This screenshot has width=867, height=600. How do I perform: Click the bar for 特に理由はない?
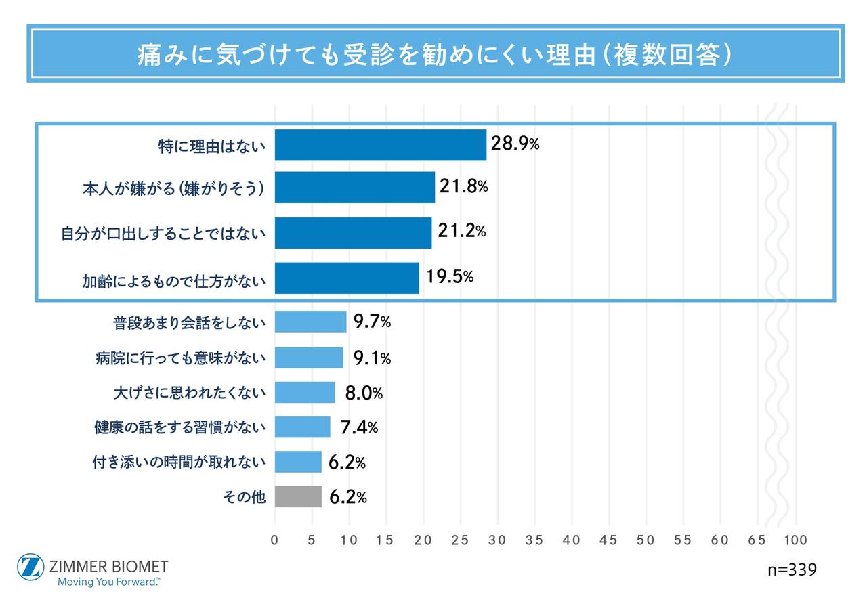point(380,145)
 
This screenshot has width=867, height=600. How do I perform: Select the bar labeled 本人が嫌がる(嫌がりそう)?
point(354,188)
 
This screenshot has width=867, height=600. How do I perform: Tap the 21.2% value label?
point(462,231)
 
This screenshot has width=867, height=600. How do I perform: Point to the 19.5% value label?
point(450,276)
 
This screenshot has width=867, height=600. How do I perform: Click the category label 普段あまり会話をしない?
point(189,323)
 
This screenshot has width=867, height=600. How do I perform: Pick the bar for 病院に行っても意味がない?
point(309,358)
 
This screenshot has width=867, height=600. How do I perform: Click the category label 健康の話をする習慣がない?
point(179,428)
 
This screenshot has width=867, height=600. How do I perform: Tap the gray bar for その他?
point(298,497)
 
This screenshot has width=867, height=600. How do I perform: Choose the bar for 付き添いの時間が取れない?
point(298,463)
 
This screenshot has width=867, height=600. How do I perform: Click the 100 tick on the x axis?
point(796,540)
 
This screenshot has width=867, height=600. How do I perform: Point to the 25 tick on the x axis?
point(460,540)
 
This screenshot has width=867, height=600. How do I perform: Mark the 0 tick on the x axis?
point(274,540)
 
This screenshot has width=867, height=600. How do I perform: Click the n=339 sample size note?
point(792,570)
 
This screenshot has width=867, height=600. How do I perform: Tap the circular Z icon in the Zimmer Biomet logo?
point(30,568)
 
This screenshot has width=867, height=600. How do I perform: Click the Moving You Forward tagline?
point(109,581)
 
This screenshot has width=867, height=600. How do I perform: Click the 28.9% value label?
point(515,144)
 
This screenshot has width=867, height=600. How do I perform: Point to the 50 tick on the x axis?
point(646,540)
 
